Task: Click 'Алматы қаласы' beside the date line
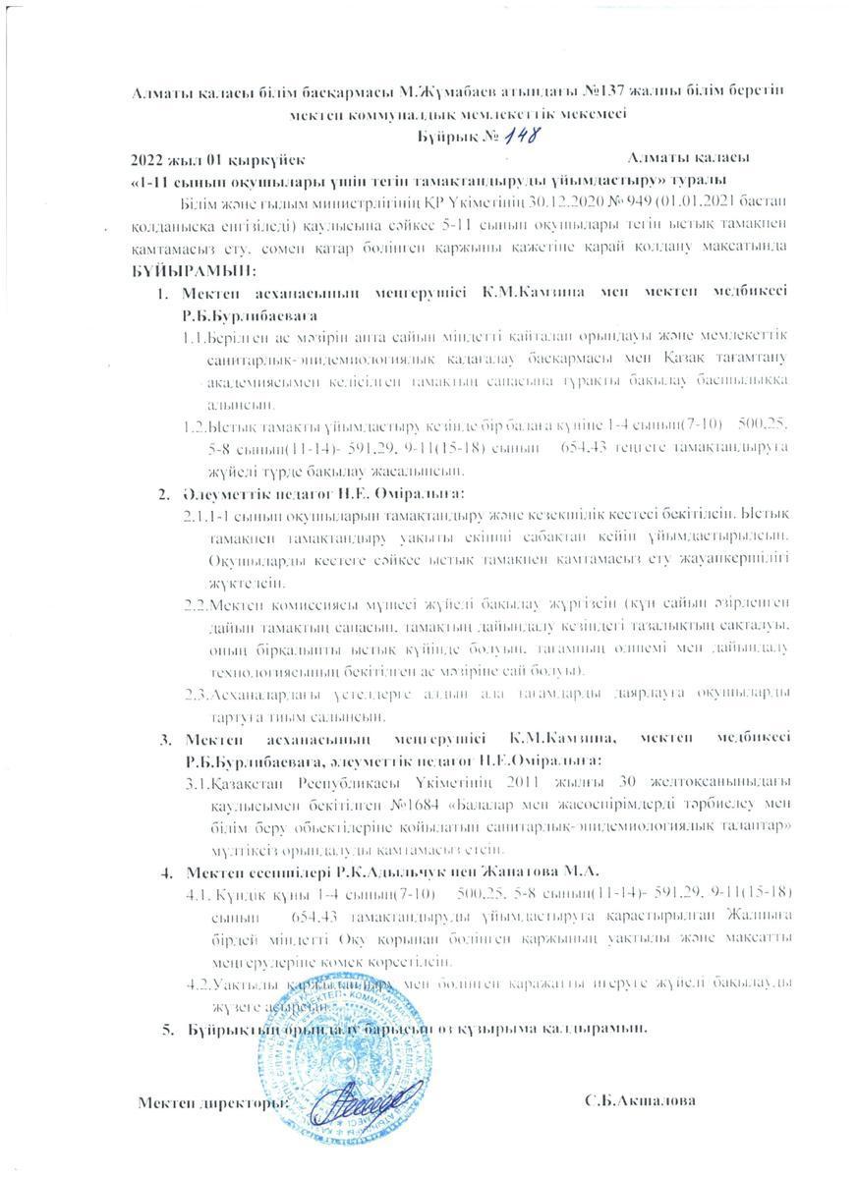(x=691, y=158)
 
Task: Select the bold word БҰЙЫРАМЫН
(x=193, y=269)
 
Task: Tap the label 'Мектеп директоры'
(x=212, y=1101)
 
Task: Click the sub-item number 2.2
(x=196, y=602)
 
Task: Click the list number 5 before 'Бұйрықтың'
(x=165, y=1028)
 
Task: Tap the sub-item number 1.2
(x=196, y=427)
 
